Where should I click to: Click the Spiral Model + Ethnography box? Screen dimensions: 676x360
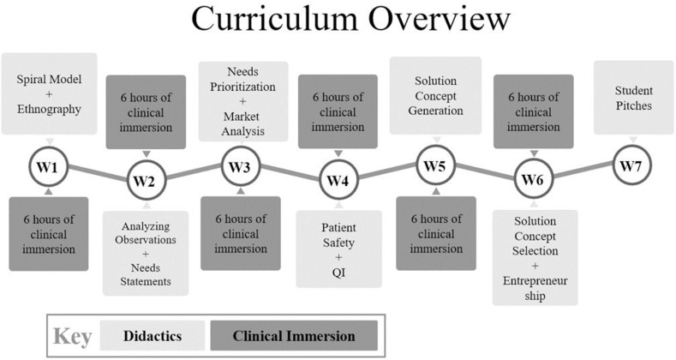click(x=49, y=93)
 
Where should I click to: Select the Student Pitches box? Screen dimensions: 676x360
click(x=634, y=98)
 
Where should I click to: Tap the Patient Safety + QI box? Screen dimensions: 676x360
click(x=339, y=249)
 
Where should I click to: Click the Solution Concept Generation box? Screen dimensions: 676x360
click(x=435, y=95)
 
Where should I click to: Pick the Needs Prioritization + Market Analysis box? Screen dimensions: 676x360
click(x=243, y=101)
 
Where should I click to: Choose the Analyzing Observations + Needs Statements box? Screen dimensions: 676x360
click(x=146, y=253)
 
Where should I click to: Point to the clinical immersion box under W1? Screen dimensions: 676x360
click(x=49, y=234)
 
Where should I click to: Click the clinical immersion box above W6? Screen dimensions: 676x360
click(x=534, y=111)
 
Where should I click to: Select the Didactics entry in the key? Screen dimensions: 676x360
click(x=153, y=336)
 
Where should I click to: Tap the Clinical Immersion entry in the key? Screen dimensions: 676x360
click(x=294, y=336)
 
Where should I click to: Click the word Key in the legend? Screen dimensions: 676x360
click(x=73, y=337)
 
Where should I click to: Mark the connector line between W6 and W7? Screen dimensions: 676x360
click(x=583, y=170)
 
